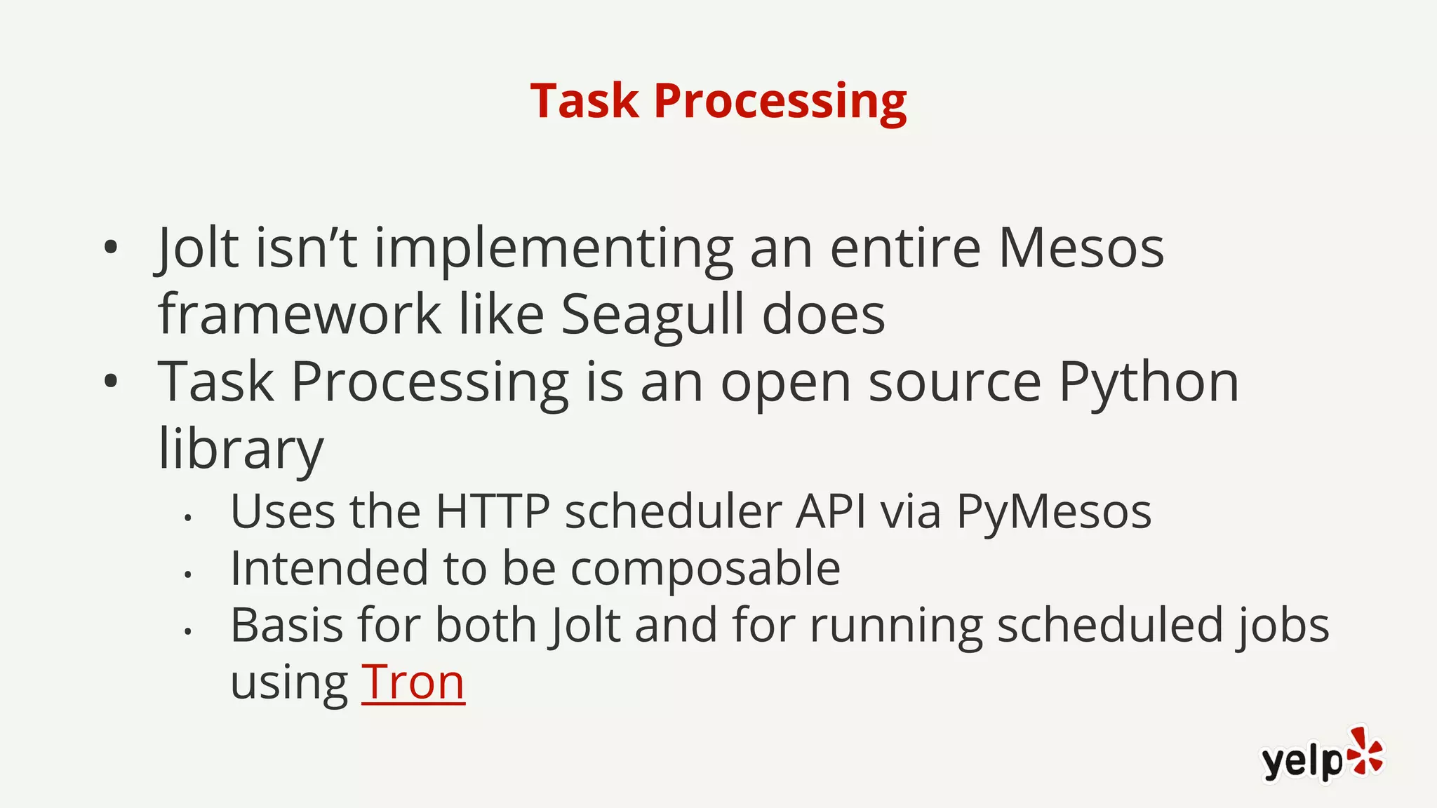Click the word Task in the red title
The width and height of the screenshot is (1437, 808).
(x=584, y=102)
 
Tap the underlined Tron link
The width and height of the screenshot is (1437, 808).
(x=413, y=682)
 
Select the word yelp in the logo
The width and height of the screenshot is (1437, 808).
(x=1302, y=761)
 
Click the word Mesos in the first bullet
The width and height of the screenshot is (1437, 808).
(x=1081, y=248)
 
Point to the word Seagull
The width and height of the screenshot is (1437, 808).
(x=652, y=315)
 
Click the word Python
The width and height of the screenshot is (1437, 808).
(x=1148, y=383)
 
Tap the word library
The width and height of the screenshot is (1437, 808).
(x=241, y=449)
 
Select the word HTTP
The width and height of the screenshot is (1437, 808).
(x=492, y=511)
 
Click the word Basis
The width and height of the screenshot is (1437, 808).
(x=286, y=625)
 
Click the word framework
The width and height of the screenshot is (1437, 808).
(x=300, y=315)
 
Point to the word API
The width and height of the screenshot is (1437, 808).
(x=830, y=511)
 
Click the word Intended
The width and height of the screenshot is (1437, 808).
(x=329, y=568)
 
